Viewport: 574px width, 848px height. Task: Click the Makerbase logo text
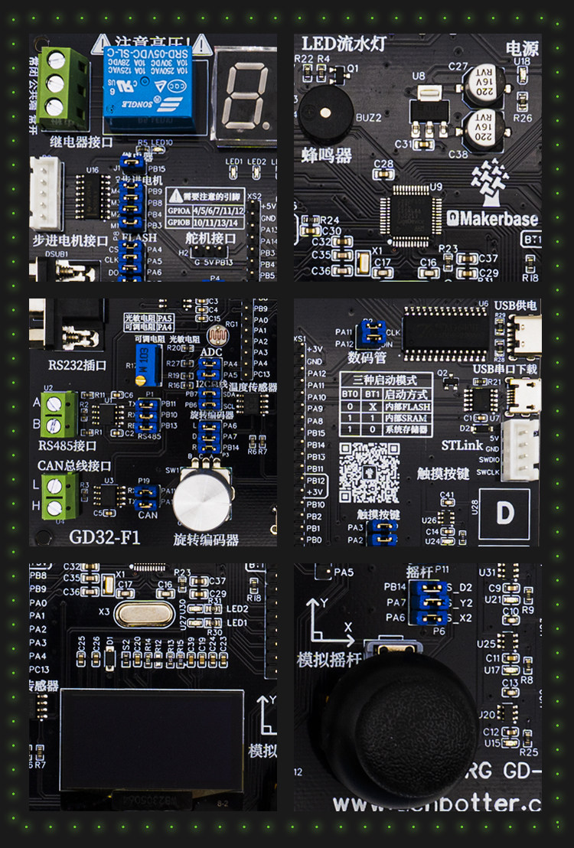click(493, 218)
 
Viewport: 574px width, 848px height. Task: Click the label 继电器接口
click(81, 142)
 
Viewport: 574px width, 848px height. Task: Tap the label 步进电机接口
click(71, 240)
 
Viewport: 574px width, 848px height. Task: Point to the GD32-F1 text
click(105, 537)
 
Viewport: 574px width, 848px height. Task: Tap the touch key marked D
click(504, 513)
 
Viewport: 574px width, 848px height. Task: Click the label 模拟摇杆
click(330, 659)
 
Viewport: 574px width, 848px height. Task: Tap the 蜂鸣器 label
click(327, 155)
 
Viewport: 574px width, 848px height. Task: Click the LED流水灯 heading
click(344, 44)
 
